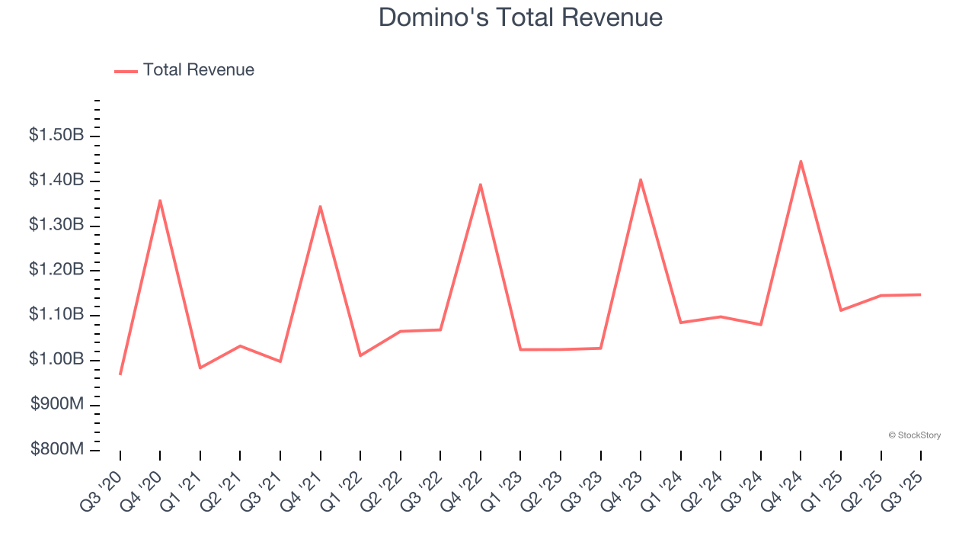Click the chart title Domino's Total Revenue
520,17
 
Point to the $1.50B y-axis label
56,136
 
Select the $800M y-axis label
56,450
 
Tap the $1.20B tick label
56,270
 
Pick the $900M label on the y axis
56,405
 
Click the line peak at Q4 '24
801,161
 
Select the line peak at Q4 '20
160,201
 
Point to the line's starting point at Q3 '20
120,374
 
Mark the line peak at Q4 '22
481,185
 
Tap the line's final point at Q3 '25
920,294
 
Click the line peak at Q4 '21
320,207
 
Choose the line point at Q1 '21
200,368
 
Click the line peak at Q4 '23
641,180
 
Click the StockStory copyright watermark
914,435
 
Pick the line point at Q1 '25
841,310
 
